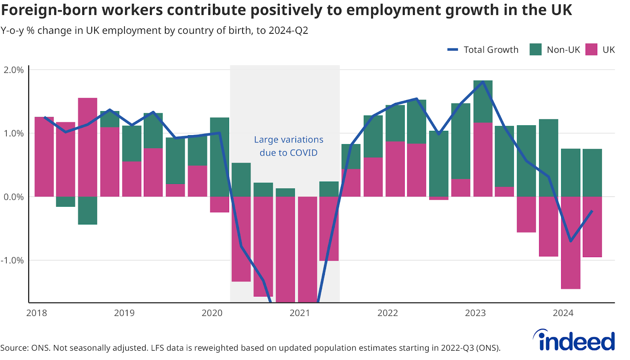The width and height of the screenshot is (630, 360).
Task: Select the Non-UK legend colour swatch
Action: coord(535,50)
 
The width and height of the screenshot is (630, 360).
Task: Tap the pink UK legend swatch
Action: coord(591,50)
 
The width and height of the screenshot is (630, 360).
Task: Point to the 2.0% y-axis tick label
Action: coord(14,70)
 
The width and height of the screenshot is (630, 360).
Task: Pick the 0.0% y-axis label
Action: coord(14,197)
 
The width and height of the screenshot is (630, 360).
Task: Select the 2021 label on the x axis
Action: coord(300,313)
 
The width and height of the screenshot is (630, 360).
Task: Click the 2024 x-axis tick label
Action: coord(563,313)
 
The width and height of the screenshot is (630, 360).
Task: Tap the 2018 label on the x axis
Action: coord(37,313)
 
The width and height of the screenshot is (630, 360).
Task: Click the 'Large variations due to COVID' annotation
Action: coord(289,146)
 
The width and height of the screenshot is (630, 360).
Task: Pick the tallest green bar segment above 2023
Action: coord(483,101)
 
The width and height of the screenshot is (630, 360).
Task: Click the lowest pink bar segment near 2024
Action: coord(571,243)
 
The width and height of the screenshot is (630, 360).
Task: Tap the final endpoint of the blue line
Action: coord(592,211)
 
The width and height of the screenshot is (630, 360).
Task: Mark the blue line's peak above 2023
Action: coord(483,82)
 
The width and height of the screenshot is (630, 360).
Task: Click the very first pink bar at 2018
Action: coord(44,157)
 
